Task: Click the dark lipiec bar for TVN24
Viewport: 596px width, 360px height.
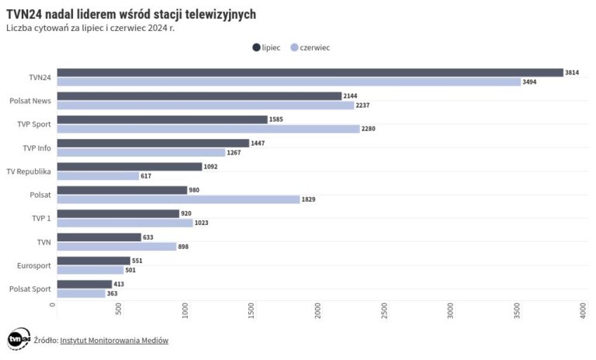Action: coord(310,72)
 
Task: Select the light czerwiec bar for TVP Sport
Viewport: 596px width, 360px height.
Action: coord(208,129)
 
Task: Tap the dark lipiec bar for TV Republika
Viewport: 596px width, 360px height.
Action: coord(129,166)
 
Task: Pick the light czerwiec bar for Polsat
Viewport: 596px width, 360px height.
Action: coord(178,199)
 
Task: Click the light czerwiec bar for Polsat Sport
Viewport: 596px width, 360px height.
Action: coord(81,293)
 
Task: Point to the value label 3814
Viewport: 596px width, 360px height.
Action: coord(572,72)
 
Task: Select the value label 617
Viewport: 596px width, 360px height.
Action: coord(145,176)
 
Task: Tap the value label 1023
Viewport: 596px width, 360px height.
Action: coord(202,223)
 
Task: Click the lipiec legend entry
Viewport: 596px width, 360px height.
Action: coord(266,47)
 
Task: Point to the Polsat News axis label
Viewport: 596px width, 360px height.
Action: coord(30,101)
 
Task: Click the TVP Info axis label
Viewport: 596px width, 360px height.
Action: coord(36,147)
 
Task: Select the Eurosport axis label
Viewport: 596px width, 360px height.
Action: coord(34,265)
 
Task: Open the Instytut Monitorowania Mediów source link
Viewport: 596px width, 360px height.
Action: coord(114,340)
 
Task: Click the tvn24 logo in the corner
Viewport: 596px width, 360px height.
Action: coord(18,339)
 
